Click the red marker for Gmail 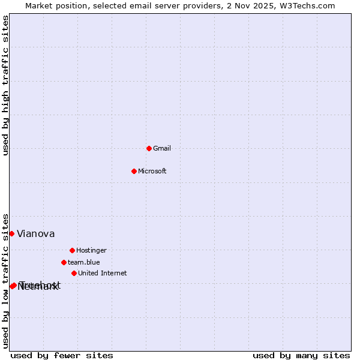(149, 148)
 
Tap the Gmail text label (162, 148)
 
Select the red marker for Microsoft (134, 171)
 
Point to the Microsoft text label (152, 171)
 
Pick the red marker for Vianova (11, 233)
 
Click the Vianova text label (36, 234)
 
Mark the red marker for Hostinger (72, 250)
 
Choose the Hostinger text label (91, 250)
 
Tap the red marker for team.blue (64, 262)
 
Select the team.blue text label (84, 262)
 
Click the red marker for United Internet (74, 273)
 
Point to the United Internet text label (103, 273)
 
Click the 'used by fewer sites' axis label (62, 355)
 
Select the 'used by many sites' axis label (301, 355)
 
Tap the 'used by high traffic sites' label (6, 85)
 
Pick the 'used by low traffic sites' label (6, 281)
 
